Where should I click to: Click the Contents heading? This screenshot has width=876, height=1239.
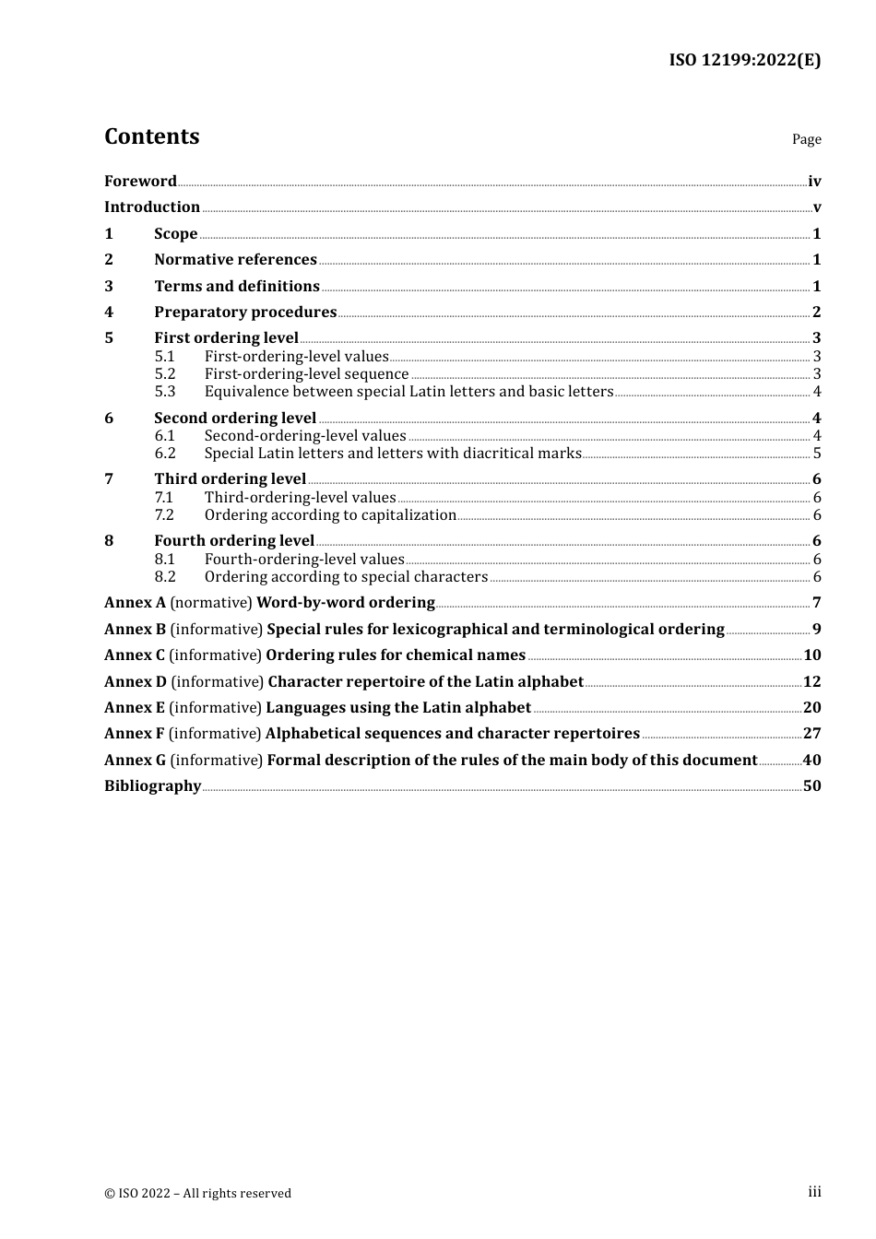click(151, 136)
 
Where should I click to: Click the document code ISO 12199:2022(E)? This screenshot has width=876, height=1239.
click(744, 60)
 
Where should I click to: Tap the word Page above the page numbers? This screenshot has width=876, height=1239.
click(806, 139)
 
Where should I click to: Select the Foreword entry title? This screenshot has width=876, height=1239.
click(140, 182)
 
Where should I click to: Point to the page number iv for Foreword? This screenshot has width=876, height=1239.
click(814, 182)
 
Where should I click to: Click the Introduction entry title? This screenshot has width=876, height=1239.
click(152, 207)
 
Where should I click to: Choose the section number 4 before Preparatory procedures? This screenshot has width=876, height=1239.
click(109, 313)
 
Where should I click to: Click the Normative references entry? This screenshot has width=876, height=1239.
click(235, 260)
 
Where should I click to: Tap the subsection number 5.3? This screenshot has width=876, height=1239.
click(165, 392)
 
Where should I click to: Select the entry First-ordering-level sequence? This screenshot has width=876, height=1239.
click(306, 374)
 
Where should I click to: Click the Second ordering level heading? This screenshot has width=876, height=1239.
click(235, 419)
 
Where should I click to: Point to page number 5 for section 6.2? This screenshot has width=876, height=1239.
click(817, 454)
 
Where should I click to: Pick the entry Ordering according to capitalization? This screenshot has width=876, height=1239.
click(330, 515)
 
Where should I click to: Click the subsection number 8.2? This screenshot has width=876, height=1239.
click(165, 577)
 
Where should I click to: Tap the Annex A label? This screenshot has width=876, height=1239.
click(135, 603)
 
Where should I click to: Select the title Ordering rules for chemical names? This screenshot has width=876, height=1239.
click(396, 655)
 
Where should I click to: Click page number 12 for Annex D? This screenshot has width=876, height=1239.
click(811, 682)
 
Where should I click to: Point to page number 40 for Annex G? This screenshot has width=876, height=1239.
click(811, 761)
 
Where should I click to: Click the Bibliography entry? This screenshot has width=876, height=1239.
click(152, 786)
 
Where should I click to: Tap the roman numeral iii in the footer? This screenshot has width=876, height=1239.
click(814, 1192)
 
